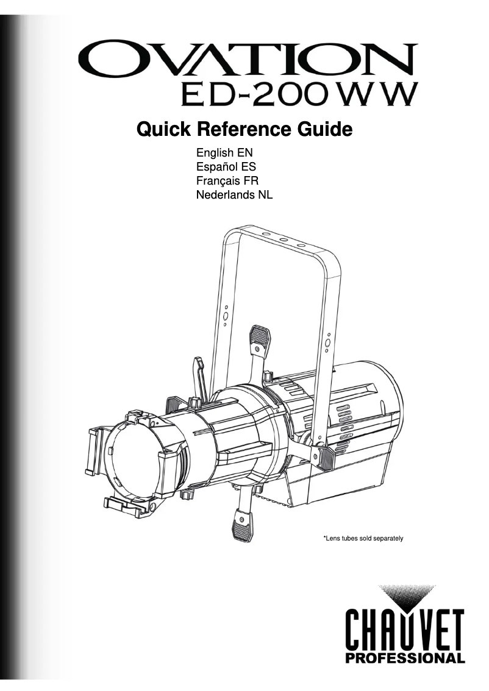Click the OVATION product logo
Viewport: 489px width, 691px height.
tap(247, 60)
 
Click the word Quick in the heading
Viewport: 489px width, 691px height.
tap(160, 129)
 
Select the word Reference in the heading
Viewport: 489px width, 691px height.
tap(235, 129)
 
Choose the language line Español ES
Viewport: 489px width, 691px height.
tap(221, 167)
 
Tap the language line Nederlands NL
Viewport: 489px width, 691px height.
tap(234, 195)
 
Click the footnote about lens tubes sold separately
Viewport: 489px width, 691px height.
tap(363, 538)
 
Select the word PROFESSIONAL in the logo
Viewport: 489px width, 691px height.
tap(405, 657)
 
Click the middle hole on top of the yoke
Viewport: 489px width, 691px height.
tap(284, 241)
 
